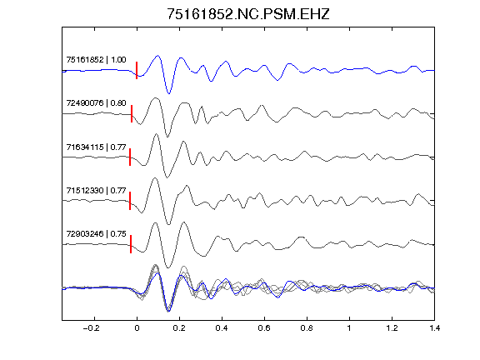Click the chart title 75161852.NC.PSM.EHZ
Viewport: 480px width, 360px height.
pyautogui.click(x=248, y=14)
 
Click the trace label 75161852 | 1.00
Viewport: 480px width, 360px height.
pyautogui.click(x=96, y=59)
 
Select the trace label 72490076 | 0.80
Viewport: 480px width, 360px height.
pyautogui.click(x=96, y=102)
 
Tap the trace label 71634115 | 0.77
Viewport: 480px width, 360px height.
pyautogui.click(x=96, y=147)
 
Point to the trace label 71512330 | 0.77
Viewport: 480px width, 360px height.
pyautogui.click(x=96, y=191)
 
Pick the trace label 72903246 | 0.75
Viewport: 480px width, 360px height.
pyautogui.click(x=96, y=234)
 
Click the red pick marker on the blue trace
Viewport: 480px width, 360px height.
pyautogui.click(x=137, y=70)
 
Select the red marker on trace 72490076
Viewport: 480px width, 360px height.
pyautogui.click(x=132, y=113)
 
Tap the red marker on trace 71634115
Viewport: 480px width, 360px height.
pyautogui.click(x=130, y=157)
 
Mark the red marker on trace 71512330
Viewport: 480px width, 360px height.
pyautogui.click(x=130, y=201)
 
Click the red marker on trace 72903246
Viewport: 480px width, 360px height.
pyautogui.click(x=131, y=244)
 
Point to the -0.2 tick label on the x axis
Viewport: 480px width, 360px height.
pyautogui.click(x=91, y=328)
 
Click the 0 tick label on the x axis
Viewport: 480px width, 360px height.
pyautogui.click(x=137, y=328)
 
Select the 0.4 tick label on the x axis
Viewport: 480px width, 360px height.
pyautogui.click(x=222, y=328)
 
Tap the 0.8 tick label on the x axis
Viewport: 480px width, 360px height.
pyautogui.click(x=307, y=328)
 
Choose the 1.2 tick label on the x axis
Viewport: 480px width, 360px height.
pyautogui.click(x=392, y=328)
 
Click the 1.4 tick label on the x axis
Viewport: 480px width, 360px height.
pyautogui.click(x=435, y=328)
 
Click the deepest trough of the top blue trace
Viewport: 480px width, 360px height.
pyautogui.click(x=168, y=93)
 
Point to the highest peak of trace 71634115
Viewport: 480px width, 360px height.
pyautogui.click(x=156, y=134)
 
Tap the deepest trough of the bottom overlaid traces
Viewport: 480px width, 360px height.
pyautogui.click(x=168, y=312)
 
